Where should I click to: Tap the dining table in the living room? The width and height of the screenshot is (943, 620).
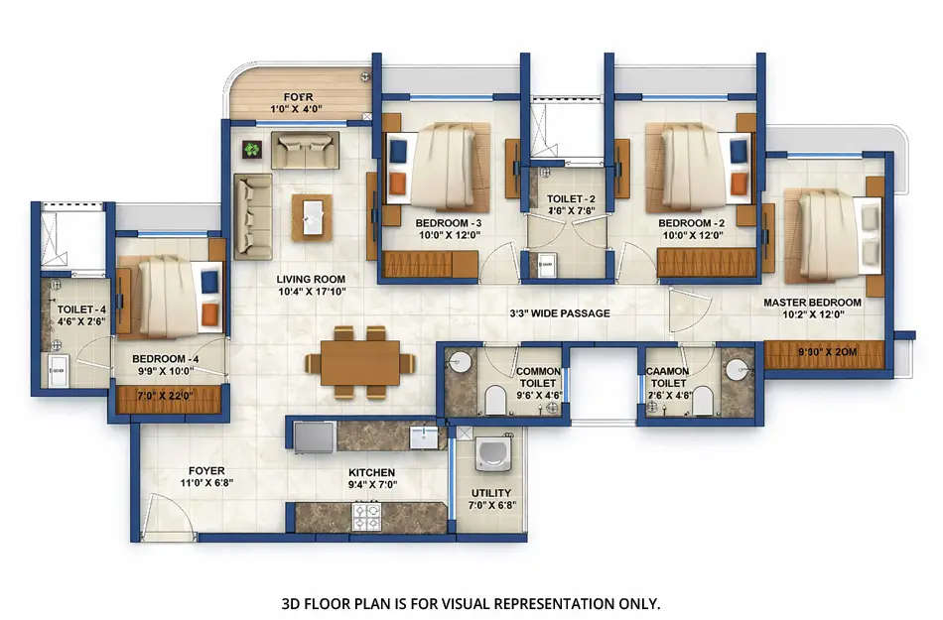click(359, 362)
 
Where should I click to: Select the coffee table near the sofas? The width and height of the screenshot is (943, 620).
click(312, 216)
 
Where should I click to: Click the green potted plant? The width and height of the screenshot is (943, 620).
click(251, 150)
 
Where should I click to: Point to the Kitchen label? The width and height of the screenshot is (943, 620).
click(371, 472)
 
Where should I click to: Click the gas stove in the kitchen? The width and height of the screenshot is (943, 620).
click(369, 515)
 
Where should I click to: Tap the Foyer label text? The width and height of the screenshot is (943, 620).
click(206, 471)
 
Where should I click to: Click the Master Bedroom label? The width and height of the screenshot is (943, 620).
click(812, 302)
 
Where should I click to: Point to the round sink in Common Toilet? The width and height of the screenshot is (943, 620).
click(459, 363)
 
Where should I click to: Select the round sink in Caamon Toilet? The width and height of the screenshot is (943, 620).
click(736, 368)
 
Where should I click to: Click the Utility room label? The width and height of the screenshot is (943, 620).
click(491, 492)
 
